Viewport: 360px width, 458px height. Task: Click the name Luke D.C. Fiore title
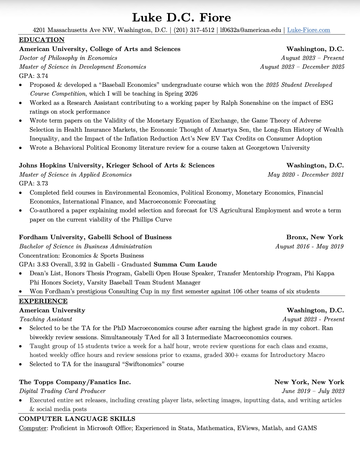coord(181,17)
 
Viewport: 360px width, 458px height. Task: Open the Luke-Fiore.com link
coord(308,30)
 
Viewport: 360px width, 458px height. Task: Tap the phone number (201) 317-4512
coord(194,30)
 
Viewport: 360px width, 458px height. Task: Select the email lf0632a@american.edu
coord(250,30)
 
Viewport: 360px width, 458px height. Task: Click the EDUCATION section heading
coord(42,40)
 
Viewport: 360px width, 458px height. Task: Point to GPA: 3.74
coord(33,76)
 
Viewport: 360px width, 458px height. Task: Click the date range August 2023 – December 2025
coord(302,67)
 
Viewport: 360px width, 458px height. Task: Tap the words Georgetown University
coord(278,148)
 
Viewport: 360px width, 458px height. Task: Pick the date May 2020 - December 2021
coord(306,175)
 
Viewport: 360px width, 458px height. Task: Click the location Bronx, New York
coord(314,237)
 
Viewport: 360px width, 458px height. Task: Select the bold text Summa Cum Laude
coord(185,264)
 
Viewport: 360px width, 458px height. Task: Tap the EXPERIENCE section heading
coord(43,301)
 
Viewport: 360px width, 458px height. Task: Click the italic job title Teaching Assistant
coord(46,319)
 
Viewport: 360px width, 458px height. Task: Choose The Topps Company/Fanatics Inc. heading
coord(75,382)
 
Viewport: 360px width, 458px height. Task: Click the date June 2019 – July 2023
coord(313,391)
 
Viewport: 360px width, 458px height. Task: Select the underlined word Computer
coord(33,428)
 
